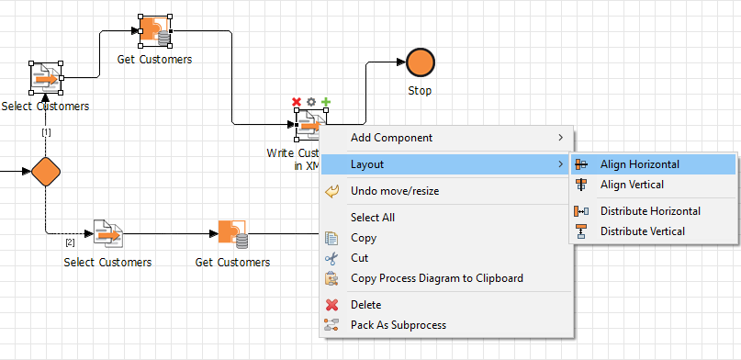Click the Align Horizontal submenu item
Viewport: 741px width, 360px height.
(x=640, y=164)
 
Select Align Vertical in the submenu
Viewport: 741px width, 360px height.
(x=633, y=185)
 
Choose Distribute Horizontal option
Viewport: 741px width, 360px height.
(x=650, y=211)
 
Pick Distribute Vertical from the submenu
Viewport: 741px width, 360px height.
(x=642, y=231)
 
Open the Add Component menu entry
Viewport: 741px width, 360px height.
(x=391, y=138)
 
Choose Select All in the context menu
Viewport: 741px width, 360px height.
(x=372, y=218)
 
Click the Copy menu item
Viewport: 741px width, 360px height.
(x=364, y=238)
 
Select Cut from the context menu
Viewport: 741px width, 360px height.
(x=360, y=258)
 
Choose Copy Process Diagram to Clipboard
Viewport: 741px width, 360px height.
(x=437, y=278)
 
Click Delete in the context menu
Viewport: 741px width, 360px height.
(x=366, y=305)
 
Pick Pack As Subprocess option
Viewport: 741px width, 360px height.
(x=399, y=325)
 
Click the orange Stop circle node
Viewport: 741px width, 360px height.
(x=420, y=62)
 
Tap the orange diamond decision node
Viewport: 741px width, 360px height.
(x=45, y=171)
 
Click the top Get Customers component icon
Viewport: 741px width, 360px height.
(x=154, y=31)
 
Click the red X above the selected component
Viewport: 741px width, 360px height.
(x=297, y=102)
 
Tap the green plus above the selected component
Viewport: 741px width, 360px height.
(x=326, y=102)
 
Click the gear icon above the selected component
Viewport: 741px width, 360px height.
(x=311, y=102)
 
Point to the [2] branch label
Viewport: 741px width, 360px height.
(x=70, y=242)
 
